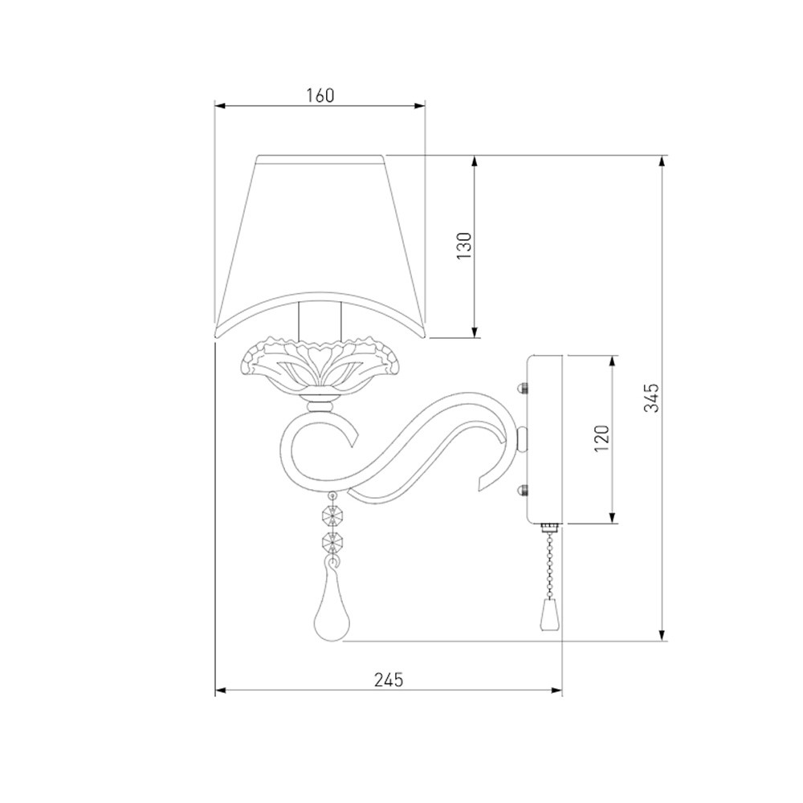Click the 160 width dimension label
[320, 96]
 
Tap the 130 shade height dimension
[464, 245]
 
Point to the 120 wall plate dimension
[601, 438]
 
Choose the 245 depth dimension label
[389, 679]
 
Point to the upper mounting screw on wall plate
[523, 387]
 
